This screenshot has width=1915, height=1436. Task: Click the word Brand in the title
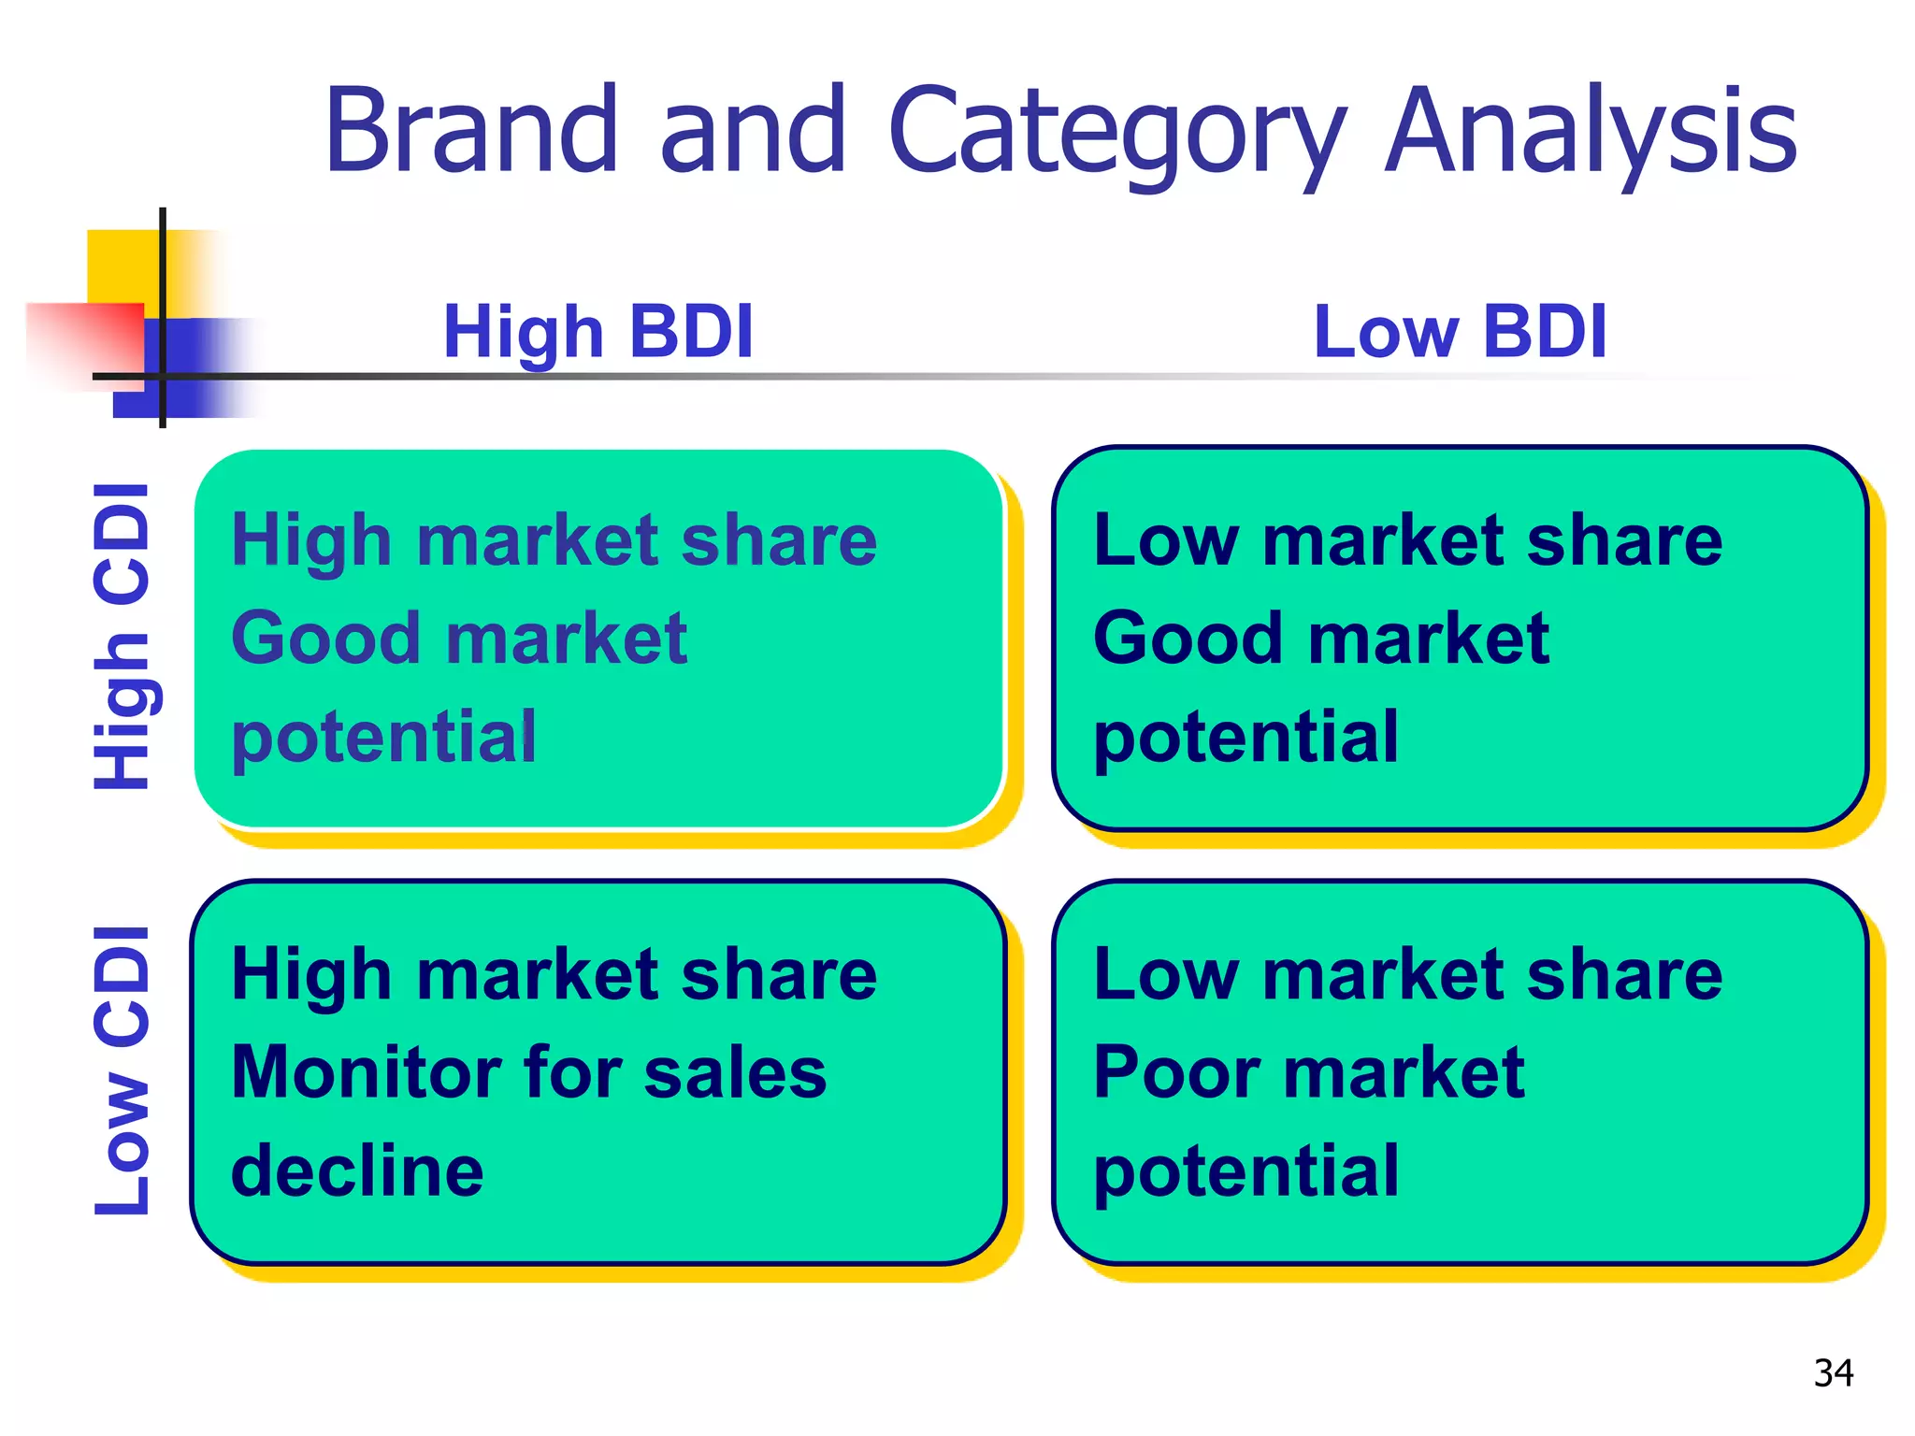[470, 131]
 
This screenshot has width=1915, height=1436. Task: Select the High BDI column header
[598, 332]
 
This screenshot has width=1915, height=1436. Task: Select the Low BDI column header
[1460, 332]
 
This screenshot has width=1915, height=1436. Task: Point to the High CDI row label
[122, 636]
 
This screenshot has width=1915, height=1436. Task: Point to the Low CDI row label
[122, 1070]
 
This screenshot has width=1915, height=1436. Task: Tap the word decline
[357, 1170]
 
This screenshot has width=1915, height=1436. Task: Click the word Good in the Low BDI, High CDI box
[1188, 639]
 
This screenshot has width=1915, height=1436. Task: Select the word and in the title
[753, 131]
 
